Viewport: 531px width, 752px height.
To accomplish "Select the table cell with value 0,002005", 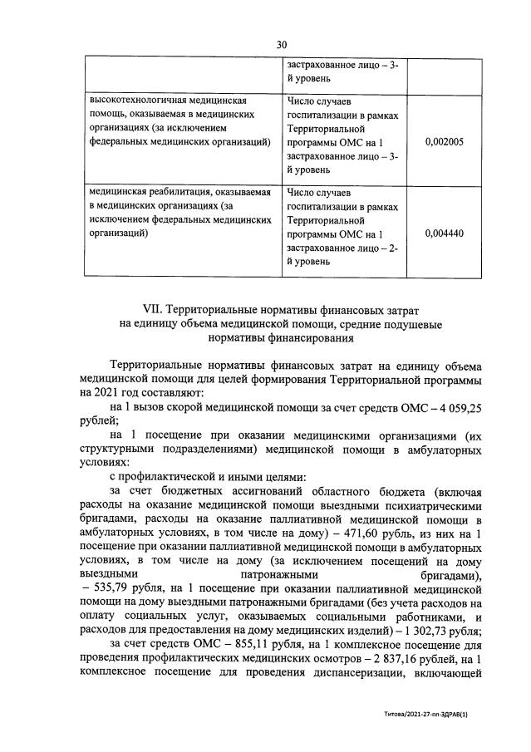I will (x=444, y=142).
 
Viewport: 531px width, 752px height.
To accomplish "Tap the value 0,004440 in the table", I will (x=444, y=233).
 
